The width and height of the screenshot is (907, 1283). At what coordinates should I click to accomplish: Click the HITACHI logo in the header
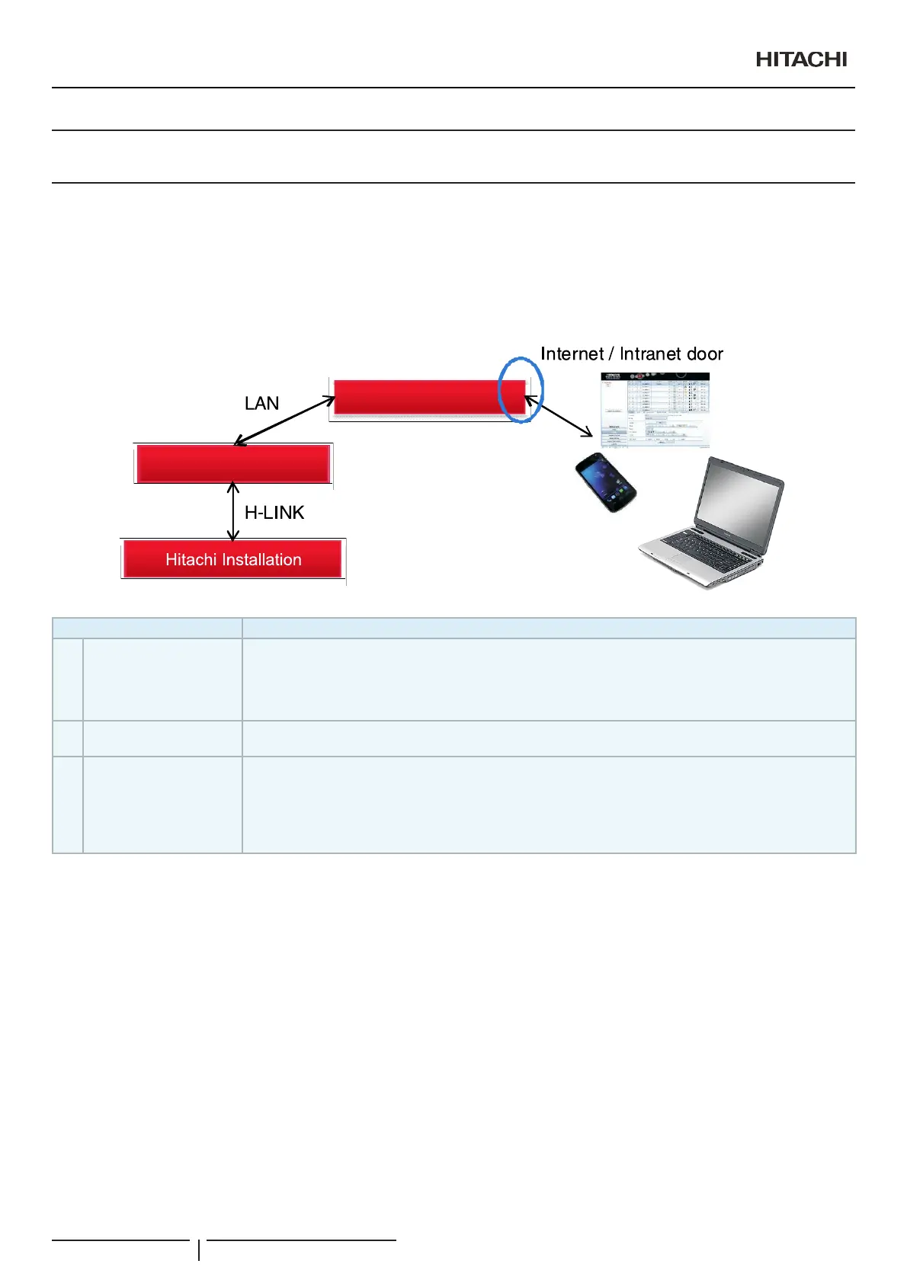point(801,59)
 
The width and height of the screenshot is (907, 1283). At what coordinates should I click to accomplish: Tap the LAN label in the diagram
point(261,403)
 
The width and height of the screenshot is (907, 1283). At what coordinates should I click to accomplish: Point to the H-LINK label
point(274,513)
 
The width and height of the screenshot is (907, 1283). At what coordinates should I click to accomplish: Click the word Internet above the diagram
point(572,354)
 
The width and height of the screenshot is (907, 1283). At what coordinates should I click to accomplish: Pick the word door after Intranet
point(704,354)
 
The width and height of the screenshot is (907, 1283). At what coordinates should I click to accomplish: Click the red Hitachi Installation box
point(232,559)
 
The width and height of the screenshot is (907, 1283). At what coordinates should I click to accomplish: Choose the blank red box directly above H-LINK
point(232,463)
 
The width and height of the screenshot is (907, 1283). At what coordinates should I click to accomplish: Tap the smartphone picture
point(605,482)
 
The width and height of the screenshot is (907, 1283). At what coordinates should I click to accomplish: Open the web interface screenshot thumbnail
point(655,409)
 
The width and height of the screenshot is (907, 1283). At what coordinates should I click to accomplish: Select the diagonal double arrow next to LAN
point(284,421)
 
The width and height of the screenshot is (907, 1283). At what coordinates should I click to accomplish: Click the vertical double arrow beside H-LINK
point(233,512)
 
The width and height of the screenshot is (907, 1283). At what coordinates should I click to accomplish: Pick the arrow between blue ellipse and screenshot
point(559,416)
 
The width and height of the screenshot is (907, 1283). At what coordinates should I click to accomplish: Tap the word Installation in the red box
point(262,559)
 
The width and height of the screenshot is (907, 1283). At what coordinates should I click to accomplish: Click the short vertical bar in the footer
point(199,1249)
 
